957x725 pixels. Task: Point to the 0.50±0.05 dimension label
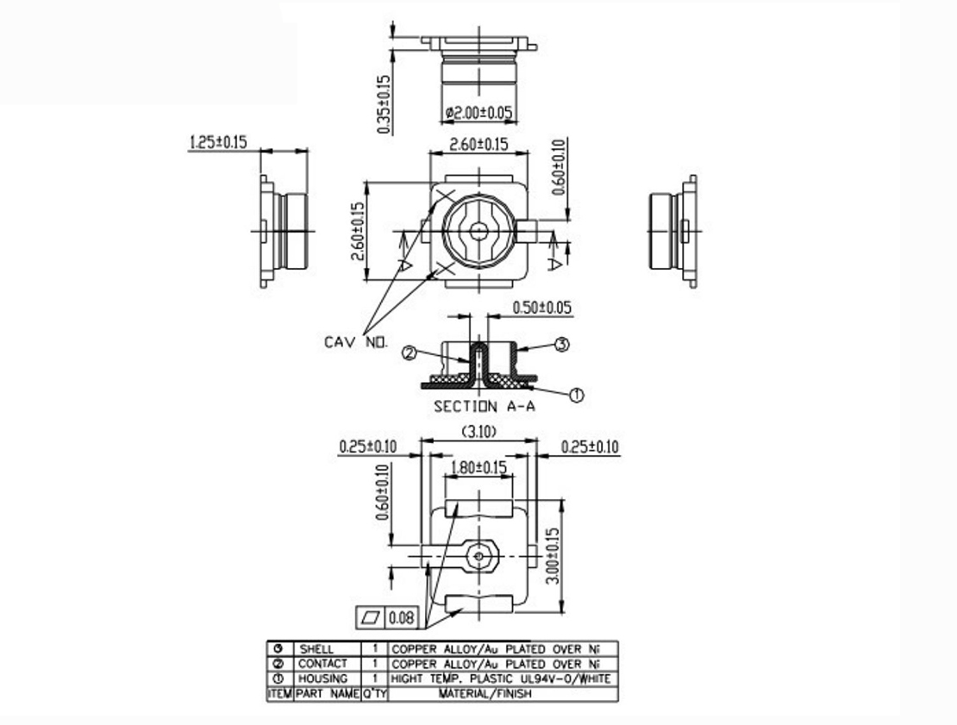coord(541,308)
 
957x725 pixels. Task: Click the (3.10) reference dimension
coord(478,431)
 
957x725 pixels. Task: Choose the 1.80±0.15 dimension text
coord(478,467)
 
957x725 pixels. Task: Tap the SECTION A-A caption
coord(484,406)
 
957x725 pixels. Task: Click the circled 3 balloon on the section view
coord(561,345)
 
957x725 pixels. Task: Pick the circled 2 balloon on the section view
coord(410,352)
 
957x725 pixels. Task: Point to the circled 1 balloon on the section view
coord(577,395)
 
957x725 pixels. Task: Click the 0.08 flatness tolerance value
coord(402,617)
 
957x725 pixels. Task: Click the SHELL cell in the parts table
coord(316,648)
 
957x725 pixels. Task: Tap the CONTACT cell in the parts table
coord(322,664)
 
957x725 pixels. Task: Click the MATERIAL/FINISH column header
coord(485,693)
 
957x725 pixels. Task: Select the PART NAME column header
coord(327,693)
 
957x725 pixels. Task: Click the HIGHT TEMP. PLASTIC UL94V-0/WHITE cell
coord(501,678)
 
